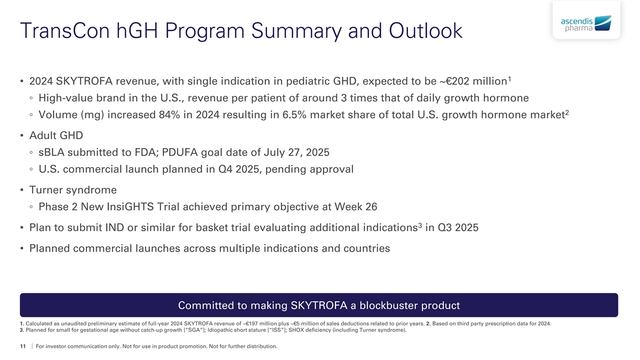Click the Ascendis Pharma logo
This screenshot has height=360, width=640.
pos(586,23)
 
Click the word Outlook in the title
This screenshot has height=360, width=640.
pos(426,30)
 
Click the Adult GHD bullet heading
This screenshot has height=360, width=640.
pos(56,135)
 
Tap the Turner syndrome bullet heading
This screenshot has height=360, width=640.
pos(73,190)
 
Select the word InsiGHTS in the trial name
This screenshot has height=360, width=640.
pos(130,206)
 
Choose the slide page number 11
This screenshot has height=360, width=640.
pos(23,346)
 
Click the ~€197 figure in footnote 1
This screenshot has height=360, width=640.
pos(252,324)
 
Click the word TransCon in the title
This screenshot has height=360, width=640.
pos(65,30)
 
